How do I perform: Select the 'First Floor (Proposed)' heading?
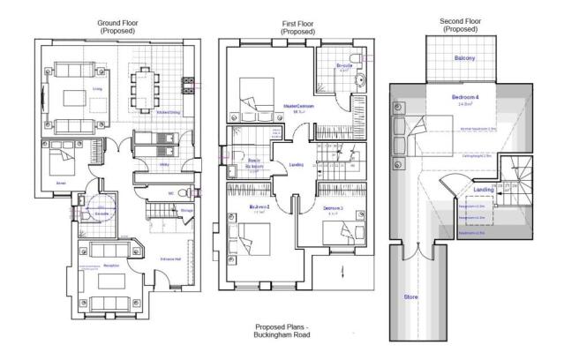[297, 26]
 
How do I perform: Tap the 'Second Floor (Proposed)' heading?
[459, 24]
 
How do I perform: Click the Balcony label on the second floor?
[465, 59]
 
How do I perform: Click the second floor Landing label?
[483, 190]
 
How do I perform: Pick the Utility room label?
[163, 164]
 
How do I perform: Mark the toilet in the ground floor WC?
[181, 193]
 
